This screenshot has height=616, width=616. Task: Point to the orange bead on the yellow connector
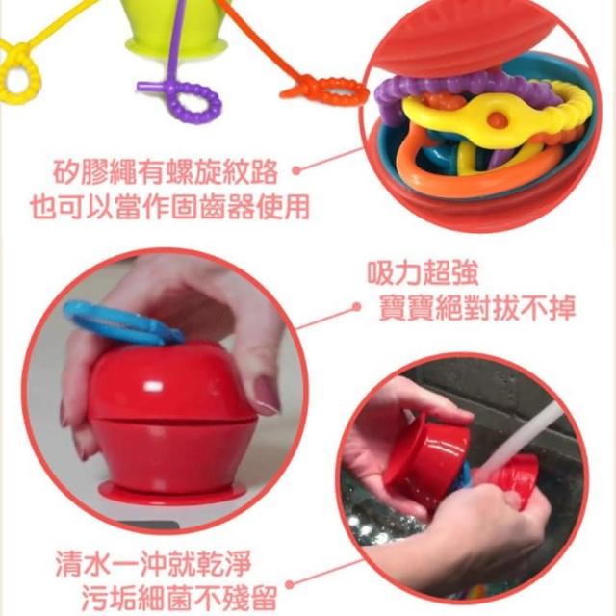tap(497, 118)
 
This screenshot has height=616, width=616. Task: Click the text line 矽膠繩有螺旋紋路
tap(166, 172)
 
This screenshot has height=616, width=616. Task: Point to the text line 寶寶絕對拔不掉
tap(477, 307)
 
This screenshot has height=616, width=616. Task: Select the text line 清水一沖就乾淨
tap(153, 563)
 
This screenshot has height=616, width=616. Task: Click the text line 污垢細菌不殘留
tap(180, 598)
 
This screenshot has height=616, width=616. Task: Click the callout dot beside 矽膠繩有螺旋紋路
tap(297, 170)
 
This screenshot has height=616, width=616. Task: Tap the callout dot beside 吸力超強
tap(356, 307)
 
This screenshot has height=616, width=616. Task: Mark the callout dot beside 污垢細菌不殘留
tap(290, 585)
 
